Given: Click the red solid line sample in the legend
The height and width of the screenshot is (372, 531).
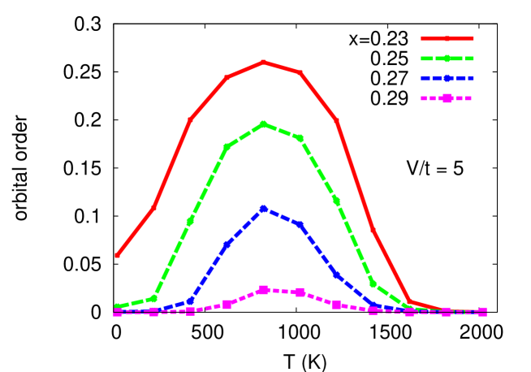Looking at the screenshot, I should point(447,39).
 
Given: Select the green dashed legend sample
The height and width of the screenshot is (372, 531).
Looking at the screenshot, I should point(447,58).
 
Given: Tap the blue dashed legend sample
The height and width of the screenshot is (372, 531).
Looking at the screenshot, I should point(447,79).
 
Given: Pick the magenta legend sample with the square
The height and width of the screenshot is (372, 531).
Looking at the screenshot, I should point(447,98).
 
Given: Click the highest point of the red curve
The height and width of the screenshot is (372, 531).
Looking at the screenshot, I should point(263,62).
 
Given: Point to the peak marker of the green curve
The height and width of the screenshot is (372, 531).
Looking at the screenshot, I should point(264,124).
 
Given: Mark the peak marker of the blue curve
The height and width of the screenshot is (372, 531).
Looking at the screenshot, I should point(264,209).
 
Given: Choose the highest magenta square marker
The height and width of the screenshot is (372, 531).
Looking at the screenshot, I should point(264,290).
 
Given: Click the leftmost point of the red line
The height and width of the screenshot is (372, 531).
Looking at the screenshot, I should point(118,255).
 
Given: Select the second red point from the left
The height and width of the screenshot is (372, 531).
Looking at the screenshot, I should point(153,209).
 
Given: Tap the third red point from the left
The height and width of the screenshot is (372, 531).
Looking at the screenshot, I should point(190,119).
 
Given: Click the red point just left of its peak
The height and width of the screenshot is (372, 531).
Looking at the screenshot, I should point(227,78).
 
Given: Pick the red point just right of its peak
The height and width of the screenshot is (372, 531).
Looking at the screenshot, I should point(300,73).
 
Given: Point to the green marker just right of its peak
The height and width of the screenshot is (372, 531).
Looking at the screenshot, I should point(300,139).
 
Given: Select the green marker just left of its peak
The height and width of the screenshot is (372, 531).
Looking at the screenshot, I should point(227,147).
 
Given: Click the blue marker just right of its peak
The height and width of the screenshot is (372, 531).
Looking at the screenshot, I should point(300,225).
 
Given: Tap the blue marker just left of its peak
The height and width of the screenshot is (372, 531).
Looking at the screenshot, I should point(227,244).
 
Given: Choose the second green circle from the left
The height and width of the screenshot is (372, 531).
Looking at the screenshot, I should point(153,298).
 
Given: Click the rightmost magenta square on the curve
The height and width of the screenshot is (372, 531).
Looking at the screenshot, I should point(482,312).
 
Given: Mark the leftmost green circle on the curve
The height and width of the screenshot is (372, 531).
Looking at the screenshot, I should point(118,307).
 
